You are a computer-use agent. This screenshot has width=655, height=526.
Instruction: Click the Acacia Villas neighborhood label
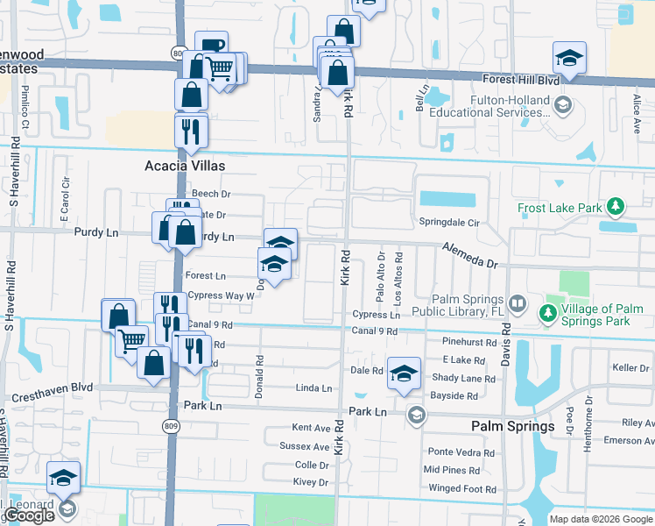pyautogui.click(x=185, y=166)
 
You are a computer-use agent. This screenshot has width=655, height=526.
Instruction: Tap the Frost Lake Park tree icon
pyautogui.click(x=617, y=207)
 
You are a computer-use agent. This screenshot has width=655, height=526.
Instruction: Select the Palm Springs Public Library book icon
pyautogui.click(x=518, y=304)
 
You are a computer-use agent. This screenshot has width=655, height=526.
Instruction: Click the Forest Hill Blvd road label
pyautogui.click(x=521, y=80)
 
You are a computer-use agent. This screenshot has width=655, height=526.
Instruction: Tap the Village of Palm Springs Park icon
pyautogui.click(x=549, y=312)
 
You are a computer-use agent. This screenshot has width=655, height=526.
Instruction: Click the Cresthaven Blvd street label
pyautogui.click(x=51, y=386)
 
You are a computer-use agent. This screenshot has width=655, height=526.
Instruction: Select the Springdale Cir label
pyautogui.click(x=449, y=223)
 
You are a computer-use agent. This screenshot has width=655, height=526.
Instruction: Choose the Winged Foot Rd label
pyautogui.click(x=461, y=488)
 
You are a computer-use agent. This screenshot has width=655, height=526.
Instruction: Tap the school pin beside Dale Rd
pyautogui.click(x=403, y=372)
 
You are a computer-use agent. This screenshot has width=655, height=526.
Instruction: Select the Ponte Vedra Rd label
pyautogui.click(x=461, y=451)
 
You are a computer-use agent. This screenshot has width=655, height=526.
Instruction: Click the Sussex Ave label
pyautogui.click(x=310, y=446)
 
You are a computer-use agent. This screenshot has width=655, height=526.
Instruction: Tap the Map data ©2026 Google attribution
pyautogui.click(x=601, y=519)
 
